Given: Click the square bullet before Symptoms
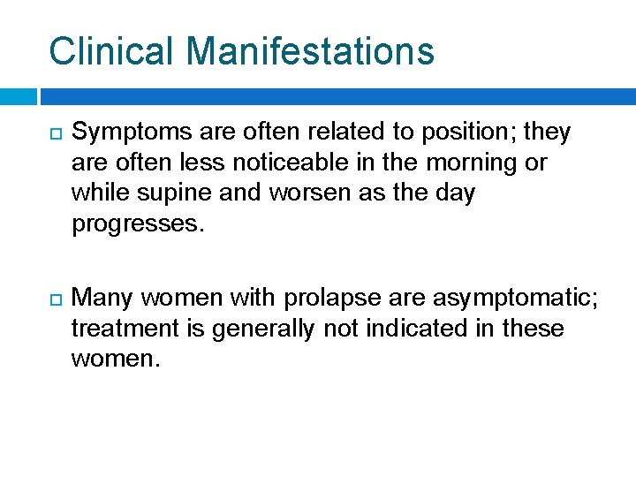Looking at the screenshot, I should pyautogui.click(x=54, y=133).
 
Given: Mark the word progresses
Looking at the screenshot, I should pyautogui.click(x=137, y=223).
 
